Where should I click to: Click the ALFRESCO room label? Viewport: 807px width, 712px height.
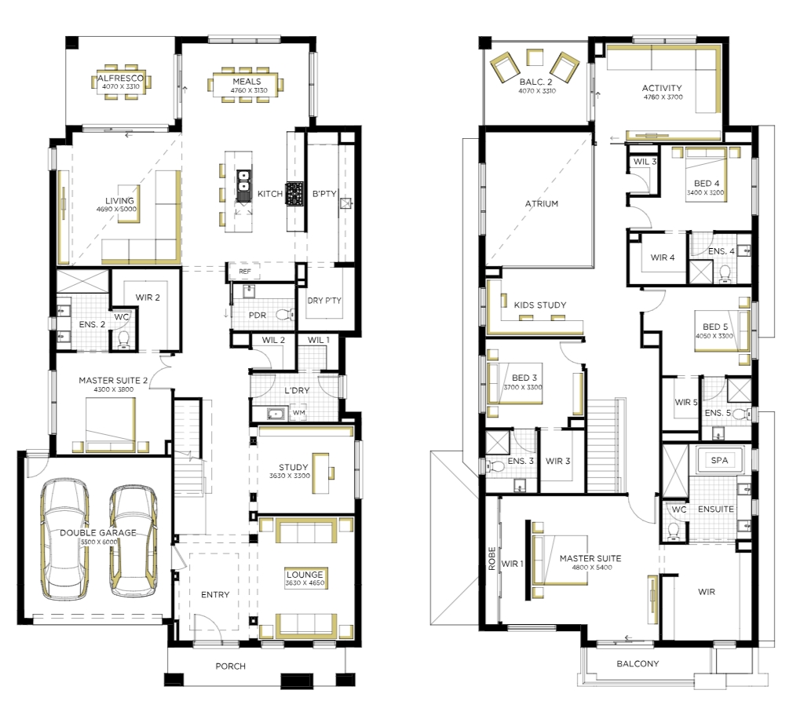coord(120,79)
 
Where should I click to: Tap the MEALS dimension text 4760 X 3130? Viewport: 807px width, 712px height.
coord(249,90)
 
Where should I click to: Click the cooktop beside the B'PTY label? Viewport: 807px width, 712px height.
coord(295,194)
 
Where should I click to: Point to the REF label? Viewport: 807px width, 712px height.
coord(245,272)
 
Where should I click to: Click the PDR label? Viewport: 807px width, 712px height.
coord(257,315)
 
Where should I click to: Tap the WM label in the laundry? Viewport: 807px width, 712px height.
coord(298,412)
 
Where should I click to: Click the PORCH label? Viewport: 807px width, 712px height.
coord(230,666)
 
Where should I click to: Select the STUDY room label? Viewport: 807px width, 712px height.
coord(294,467)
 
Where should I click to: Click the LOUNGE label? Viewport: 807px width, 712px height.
coord(305,575)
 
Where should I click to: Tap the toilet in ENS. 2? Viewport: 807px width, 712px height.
coord(123,339)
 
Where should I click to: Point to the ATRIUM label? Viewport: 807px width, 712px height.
coord(542,204)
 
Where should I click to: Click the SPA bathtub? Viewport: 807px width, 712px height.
coord(720,460)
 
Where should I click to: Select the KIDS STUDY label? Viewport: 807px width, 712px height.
coord(540,305)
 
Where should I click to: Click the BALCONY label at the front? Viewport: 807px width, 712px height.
coord(637,664)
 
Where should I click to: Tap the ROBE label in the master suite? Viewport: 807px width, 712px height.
coord(492,559)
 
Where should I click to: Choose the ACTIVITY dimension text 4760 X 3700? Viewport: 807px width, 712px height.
coord(663,97)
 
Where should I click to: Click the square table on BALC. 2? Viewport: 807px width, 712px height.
coord(535,57)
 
